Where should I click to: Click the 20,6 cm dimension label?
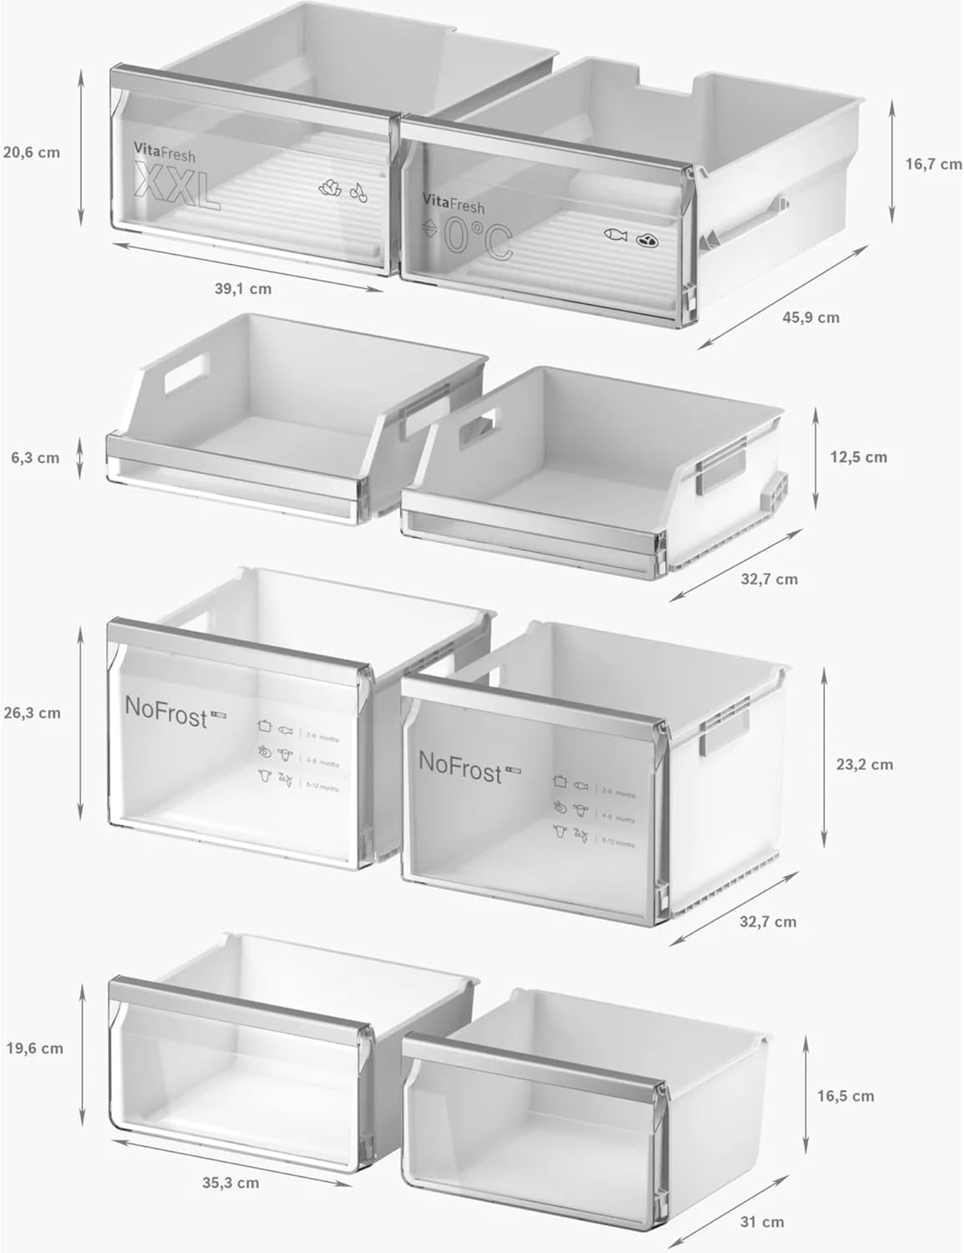point(31,153)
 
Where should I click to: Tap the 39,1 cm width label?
point(242,289)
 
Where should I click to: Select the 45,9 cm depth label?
point(810,317)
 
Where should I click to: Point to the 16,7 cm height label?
point(933,165)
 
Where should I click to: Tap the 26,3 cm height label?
point(31,713)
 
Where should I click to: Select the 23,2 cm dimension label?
point(865,764)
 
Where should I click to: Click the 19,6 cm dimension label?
point(34,1048)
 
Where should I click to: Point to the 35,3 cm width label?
point(230,1183)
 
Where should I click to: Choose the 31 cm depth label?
point(761,1222)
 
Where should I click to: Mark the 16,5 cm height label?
point(846,1096)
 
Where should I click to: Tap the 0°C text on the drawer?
point(476,239)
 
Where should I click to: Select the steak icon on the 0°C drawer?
point(647,240)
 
